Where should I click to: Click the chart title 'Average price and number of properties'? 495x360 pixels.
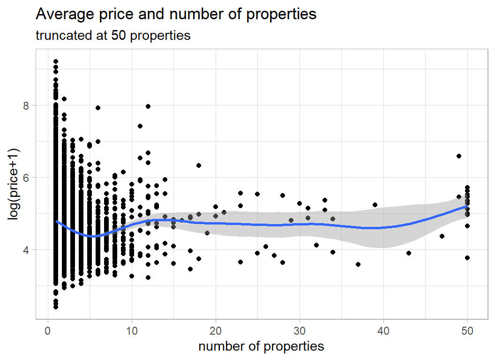tap(176, 15)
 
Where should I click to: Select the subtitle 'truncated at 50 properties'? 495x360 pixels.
tap(113, 36)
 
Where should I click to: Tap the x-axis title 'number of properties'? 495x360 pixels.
tap(261, 346)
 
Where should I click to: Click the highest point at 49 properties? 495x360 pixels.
tap(459, 156)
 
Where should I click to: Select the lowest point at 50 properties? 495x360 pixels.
tap(467, 258)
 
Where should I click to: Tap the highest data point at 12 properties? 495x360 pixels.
tap(148, 106)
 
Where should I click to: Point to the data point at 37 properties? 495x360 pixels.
tap(358, 264)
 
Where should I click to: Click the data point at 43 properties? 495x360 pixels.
tap(409, 253)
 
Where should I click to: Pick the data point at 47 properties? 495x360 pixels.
tap(442, 236)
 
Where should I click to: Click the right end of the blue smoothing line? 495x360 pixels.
tap(467, 206)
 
